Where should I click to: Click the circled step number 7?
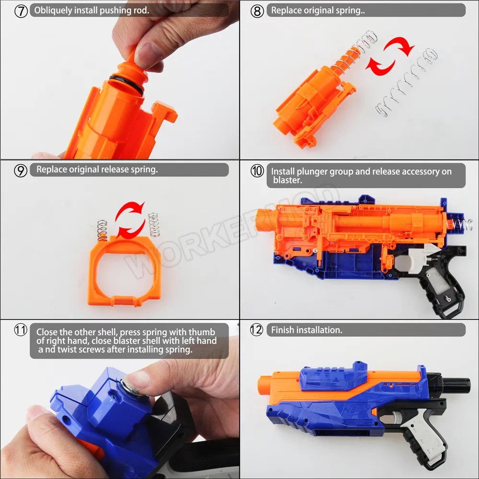21,11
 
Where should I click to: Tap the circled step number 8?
257,11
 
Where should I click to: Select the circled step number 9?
21,171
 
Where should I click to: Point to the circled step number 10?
257,171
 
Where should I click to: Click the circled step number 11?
21,330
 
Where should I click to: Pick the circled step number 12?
257,330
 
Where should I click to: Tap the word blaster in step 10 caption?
286,180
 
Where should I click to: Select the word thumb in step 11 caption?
202,332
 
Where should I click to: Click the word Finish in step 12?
282,330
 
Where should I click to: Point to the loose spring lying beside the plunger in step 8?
407,82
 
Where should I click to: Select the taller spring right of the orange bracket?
154,225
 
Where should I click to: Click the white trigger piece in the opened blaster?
412,257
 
